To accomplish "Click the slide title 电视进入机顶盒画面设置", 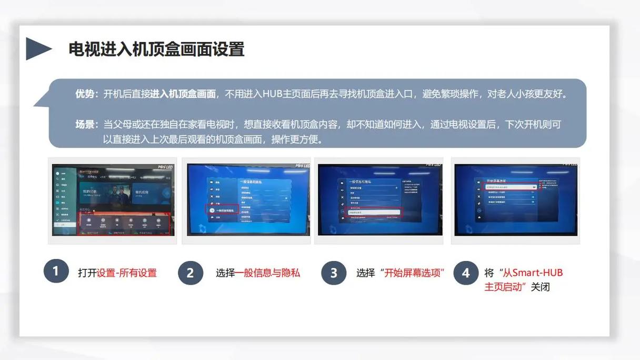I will pos(156,49).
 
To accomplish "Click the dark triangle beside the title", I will pos(37,49).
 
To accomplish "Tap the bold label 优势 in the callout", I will pos(86,94).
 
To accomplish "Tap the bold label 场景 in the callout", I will pos(86,125).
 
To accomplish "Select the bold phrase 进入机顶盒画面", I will pos(183,94).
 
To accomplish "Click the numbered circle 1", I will pos(56,272).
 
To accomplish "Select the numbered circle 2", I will pos(190,273).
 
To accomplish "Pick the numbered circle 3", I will pos(334,273).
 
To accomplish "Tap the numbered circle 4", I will pos(466,273).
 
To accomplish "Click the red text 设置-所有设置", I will pos(127,273).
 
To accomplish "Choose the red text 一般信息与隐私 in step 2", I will pos(267,273).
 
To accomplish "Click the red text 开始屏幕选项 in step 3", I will pos(414,273).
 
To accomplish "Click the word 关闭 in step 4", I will pos(540,287).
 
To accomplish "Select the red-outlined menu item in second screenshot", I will pos(222,209).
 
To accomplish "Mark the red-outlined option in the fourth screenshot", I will pos(510,187).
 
